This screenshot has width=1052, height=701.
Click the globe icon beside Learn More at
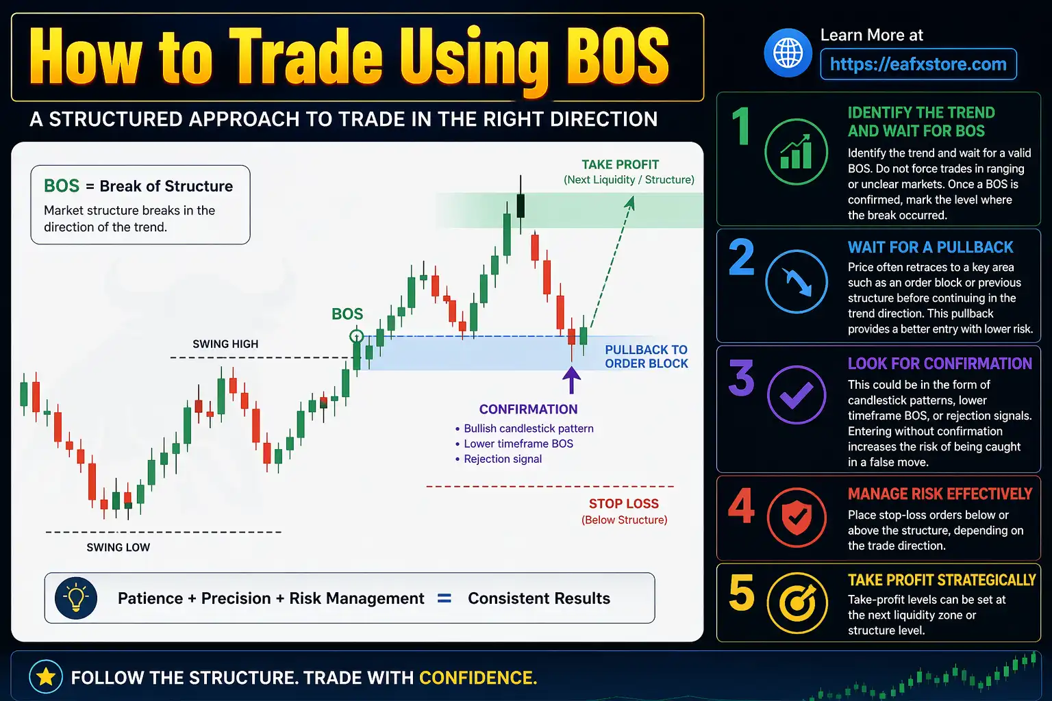point(788,53)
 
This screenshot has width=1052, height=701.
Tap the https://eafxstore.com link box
point(918,64)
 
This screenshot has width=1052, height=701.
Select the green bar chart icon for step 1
point(796,152)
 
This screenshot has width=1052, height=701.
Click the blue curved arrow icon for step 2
point(796,281)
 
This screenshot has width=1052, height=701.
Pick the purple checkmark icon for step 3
point(796,396)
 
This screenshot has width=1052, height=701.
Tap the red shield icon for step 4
point(796,517)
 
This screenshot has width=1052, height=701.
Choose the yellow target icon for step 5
point(796,603)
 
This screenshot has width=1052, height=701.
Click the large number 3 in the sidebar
point(741,378)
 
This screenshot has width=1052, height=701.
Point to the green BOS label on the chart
point(347,314)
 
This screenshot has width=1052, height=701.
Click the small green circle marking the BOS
point(356,336)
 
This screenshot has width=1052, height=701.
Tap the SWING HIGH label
point(225,344)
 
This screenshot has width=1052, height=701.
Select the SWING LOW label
point(118,548)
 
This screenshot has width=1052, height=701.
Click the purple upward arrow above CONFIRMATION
point(571,380)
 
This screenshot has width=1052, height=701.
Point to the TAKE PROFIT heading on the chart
point(620,165)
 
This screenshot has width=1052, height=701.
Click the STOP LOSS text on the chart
point(623,504)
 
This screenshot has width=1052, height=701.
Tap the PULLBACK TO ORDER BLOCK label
point(646,357)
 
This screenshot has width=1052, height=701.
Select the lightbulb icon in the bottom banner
point(76,598)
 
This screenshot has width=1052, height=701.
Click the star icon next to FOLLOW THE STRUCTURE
point(46,677)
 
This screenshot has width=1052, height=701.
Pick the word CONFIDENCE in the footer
point(477,678)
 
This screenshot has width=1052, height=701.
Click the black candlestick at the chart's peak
point(521,205)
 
